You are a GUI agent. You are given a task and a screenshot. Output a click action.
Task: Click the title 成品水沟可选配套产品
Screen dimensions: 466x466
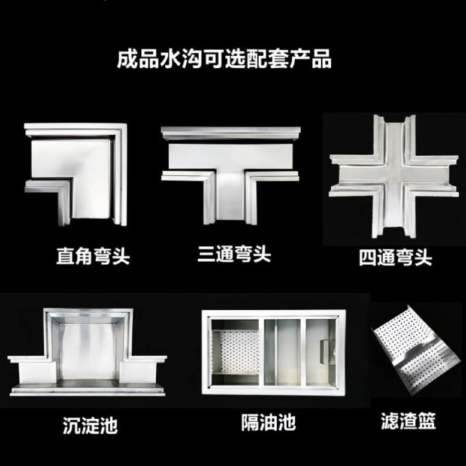click(x=224, y=59)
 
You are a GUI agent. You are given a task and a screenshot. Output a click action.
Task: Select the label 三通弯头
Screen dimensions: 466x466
click(x=234, y=254)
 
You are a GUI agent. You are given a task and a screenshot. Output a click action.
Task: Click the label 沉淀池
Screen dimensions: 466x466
click(x=90, y=425)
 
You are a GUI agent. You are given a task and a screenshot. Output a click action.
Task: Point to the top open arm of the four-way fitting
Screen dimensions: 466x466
click(x=394, y=136)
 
